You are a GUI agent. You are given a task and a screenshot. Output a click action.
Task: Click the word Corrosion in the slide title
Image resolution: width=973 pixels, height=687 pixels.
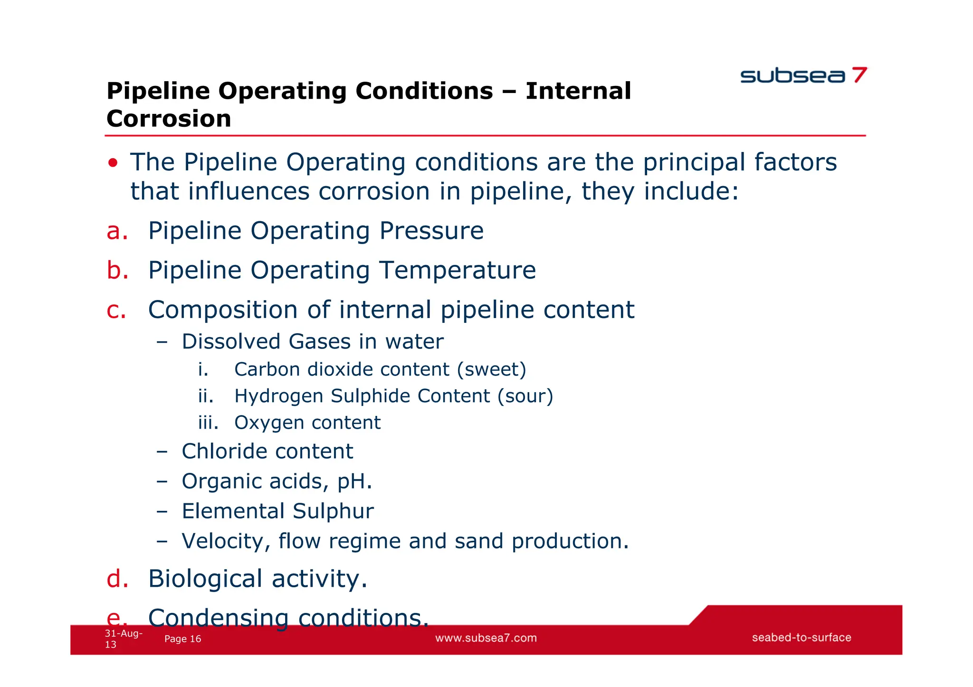point(169,119)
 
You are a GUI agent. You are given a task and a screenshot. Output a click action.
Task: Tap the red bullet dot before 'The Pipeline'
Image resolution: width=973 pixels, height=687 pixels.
point(113,163)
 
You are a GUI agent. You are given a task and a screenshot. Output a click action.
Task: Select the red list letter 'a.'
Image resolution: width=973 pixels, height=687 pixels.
point(117,231)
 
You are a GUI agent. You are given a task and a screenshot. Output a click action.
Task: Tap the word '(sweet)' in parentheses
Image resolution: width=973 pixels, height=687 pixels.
point(491,369)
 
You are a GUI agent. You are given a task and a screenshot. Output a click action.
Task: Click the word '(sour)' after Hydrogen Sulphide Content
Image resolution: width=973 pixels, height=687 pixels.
point(525,396)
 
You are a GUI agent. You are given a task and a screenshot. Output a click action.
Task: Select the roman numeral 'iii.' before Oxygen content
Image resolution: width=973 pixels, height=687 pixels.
point(208,423)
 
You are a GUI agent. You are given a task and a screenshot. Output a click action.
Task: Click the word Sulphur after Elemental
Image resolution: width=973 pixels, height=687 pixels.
point(333,511)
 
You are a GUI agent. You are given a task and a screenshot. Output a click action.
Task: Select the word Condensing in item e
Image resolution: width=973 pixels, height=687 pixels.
point(218,618)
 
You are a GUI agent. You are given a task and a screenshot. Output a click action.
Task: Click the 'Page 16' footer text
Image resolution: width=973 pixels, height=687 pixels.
point(182,639)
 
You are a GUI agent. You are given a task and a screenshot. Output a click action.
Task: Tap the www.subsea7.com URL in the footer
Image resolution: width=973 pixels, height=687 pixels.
point(486,638)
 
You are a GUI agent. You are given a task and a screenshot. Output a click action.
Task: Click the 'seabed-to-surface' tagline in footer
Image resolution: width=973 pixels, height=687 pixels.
point(801,638)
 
